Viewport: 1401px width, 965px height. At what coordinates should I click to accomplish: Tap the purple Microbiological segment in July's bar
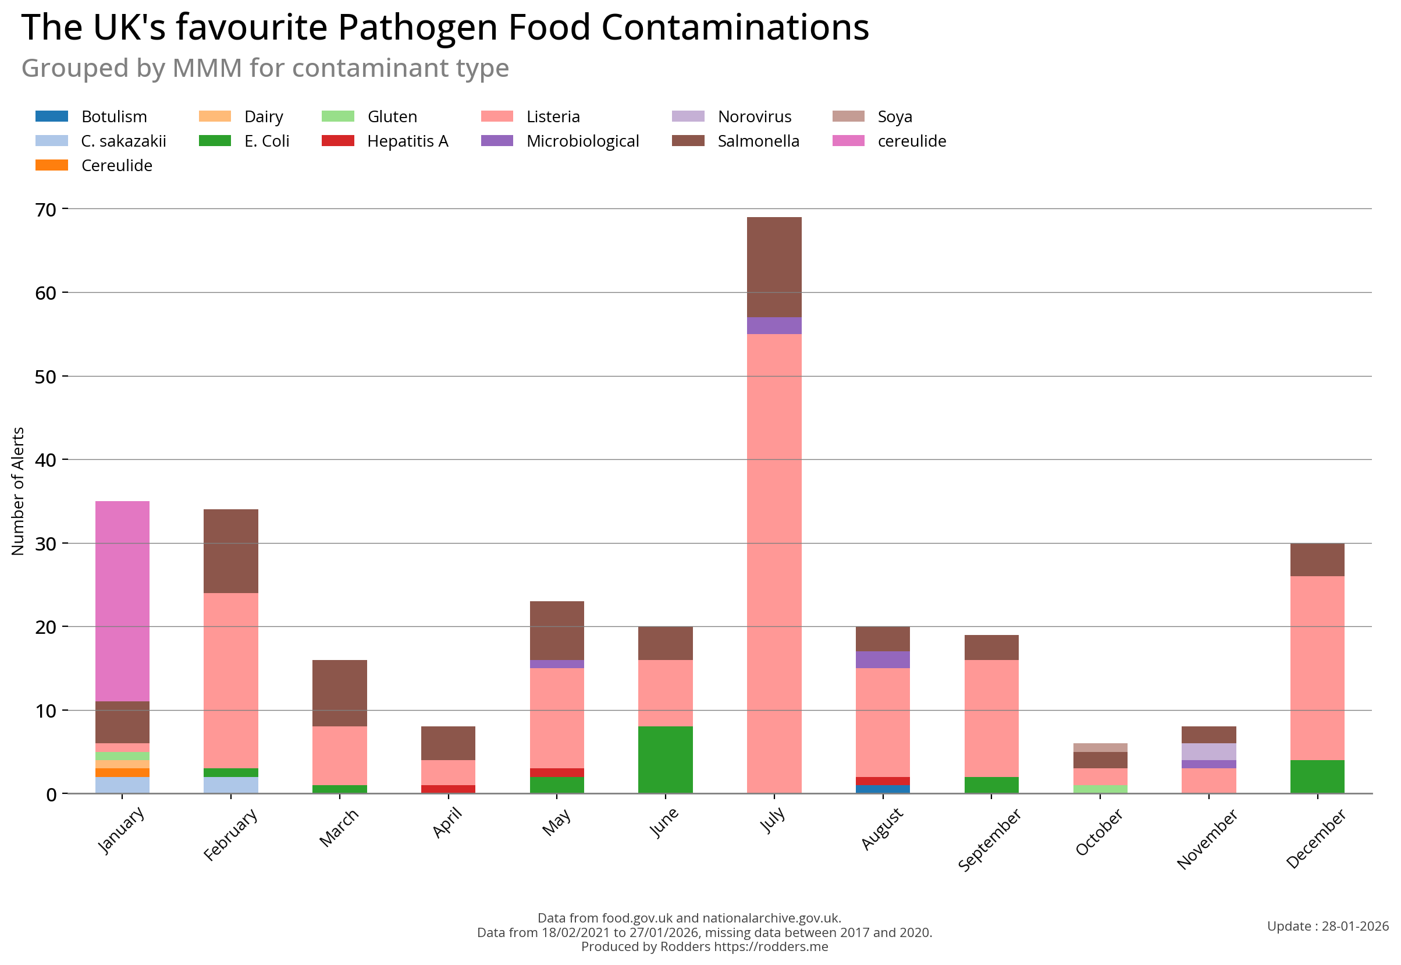tap(774, 325)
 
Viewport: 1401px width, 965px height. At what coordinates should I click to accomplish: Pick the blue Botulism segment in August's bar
tap(883, 789)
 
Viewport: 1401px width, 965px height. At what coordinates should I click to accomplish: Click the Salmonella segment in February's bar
tap(231, 550)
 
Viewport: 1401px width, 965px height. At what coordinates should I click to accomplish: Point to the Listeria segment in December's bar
tap(1317, 668)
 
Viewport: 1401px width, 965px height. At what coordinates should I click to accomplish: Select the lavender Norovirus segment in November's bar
tap(1208, 751)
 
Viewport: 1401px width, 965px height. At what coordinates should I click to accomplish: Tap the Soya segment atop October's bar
tap(1100, 747)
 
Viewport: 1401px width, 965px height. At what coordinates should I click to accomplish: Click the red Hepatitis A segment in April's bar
tap(448, 789)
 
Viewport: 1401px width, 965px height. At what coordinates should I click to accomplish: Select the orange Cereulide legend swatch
tap(52, 165)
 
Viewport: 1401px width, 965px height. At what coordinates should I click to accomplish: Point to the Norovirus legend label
tap(753, 116)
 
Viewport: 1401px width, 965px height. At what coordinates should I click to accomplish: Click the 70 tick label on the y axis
tap(46, 210)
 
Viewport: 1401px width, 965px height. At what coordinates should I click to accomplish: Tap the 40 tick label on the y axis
tap(46, 460)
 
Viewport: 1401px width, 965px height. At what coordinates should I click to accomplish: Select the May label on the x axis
tap(556, 822)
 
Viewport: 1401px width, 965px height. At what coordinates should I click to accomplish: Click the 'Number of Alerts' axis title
tap(18, 491)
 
